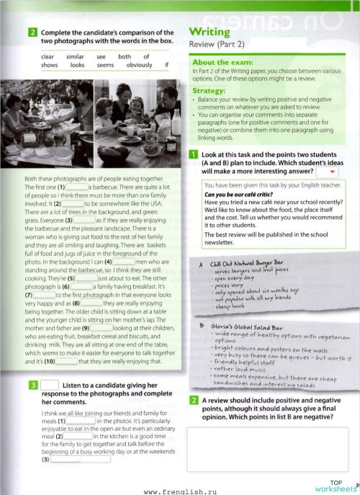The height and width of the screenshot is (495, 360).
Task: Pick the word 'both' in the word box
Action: coord(125,56)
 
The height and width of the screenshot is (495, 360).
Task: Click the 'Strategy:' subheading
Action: coord(210,92)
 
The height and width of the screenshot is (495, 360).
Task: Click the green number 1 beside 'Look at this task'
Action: coord(194,155)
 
